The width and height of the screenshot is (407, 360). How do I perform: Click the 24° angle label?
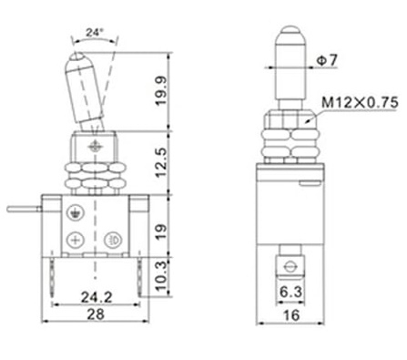95,32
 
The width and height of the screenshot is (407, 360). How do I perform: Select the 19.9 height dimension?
161,91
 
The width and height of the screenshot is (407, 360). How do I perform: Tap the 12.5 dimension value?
161,162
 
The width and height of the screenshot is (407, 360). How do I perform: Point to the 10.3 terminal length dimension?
161,276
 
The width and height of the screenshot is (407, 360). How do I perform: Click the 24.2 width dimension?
97,297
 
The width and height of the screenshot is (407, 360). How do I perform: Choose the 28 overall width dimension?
96,314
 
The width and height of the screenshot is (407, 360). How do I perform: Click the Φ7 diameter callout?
327,60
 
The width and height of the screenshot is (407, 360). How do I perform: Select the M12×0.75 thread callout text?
360,102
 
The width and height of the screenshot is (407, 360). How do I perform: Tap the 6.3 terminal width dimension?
290,292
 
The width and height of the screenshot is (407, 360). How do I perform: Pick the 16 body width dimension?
291,315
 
